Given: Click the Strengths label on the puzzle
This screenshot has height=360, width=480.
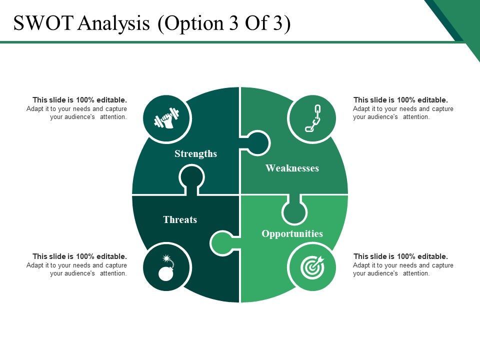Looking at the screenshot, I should coord(195,153).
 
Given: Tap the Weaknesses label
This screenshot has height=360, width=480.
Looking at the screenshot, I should coord(292,168).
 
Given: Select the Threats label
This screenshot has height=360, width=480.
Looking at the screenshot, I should coord(180,219).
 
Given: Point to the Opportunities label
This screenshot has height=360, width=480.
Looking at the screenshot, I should coord(292,233).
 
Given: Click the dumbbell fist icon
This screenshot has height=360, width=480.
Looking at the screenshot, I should coord(166,118).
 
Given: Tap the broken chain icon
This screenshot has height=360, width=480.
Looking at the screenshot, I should coord(312,118).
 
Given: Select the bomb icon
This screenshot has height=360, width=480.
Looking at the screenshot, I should coord(166,267).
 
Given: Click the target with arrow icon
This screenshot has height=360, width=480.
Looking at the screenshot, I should coord(312,267).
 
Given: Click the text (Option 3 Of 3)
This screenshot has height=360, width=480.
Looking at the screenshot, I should coord(224,23).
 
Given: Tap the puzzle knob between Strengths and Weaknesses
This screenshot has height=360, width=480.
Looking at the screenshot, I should coord(257,143).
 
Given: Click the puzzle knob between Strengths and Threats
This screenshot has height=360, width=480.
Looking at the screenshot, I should coord(191,178).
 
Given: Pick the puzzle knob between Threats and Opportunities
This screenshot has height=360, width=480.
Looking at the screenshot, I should coord(222,243).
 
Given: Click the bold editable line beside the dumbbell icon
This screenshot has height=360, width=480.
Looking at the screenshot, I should coord(79,100).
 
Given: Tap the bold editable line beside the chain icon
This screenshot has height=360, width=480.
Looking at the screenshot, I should coord(400,100).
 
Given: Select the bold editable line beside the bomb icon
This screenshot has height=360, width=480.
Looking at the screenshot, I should coord(79,256).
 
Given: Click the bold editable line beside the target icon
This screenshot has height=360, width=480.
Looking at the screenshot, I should coord(400,256).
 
